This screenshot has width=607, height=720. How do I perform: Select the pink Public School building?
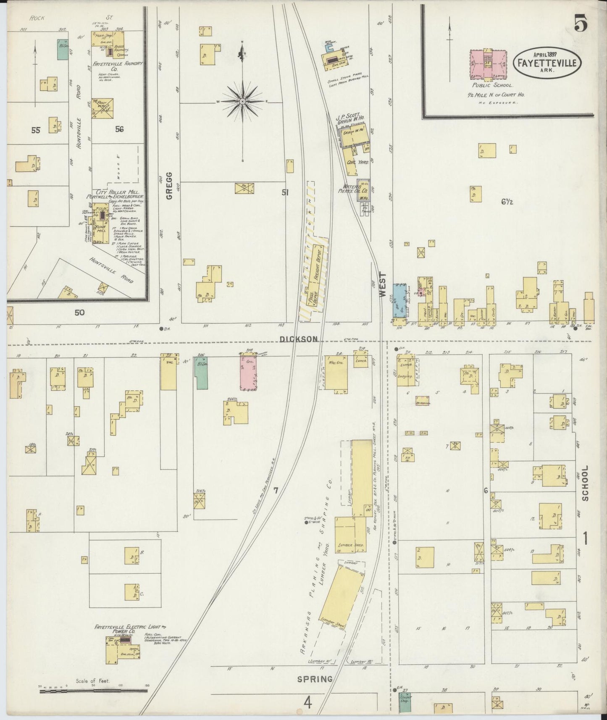[488, 64]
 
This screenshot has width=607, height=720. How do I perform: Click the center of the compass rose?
[243, 102]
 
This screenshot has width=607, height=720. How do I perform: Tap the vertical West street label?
[382, 285]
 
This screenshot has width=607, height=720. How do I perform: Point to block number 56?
[119, 129]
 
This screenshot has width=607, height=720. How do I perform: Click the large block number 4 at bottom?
[308, 702]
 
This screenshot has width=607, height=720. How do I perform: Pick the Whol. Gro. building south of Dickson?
[336, 373]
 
